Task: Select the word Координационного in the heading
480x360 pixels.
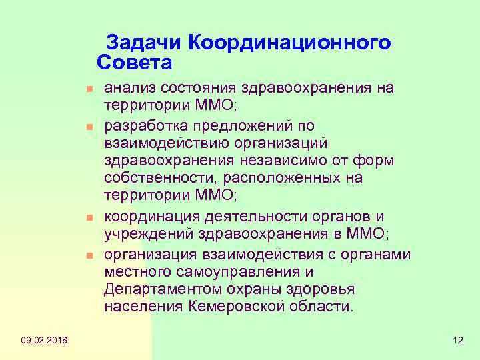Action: [x=290, y=43]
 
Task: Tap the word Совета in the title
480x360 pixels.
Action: [x=135, y=64]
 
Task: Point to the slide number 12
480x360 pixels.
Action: [x=457, y=341]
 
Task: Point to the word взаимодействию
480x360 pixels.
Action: [x=163, y=143]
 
